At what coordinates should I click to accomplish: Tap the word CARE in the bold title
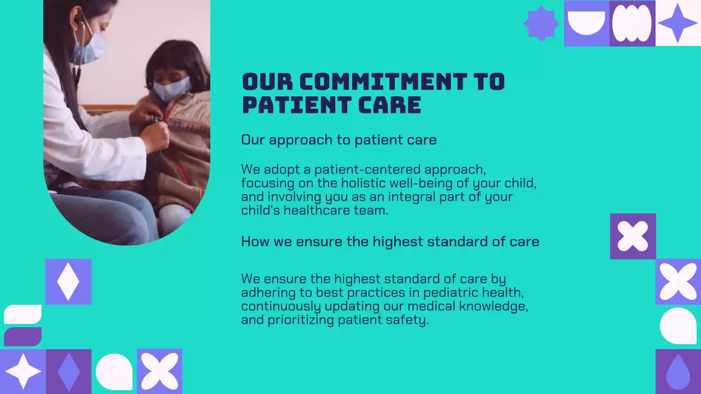390,105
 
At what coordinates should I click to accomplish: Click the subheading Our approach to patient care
338,140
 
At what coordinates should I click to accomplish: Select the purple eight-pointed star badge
541,24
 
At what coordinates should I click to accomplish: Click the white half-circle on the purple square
586,22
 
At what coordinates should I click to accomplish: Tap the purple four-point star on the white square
678,23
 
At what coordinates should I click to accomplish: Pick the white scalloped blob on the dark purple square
632,24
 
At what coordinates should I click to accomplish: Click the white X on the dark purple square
633,236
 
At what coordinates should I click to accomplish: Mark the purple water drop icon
677,372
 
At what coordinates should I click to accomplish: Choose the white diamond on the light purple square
68,282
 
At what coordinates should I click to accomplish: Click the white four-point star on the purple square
23,372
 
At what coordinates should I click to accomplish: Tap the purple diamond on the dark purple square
68,372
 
